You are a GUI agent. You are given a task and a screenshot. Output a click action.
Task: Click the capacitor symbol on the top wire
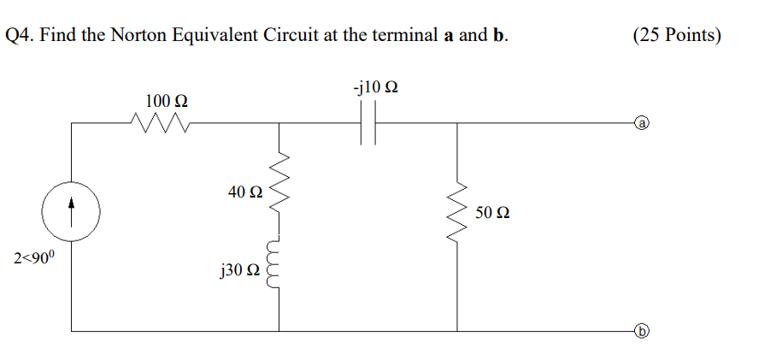point(368,125)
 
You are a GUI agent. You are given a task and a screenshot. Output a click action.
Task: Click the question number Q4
point(20,36)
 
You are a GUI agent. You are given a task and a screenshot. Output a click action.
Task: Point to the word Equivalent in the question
point(232,36)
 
